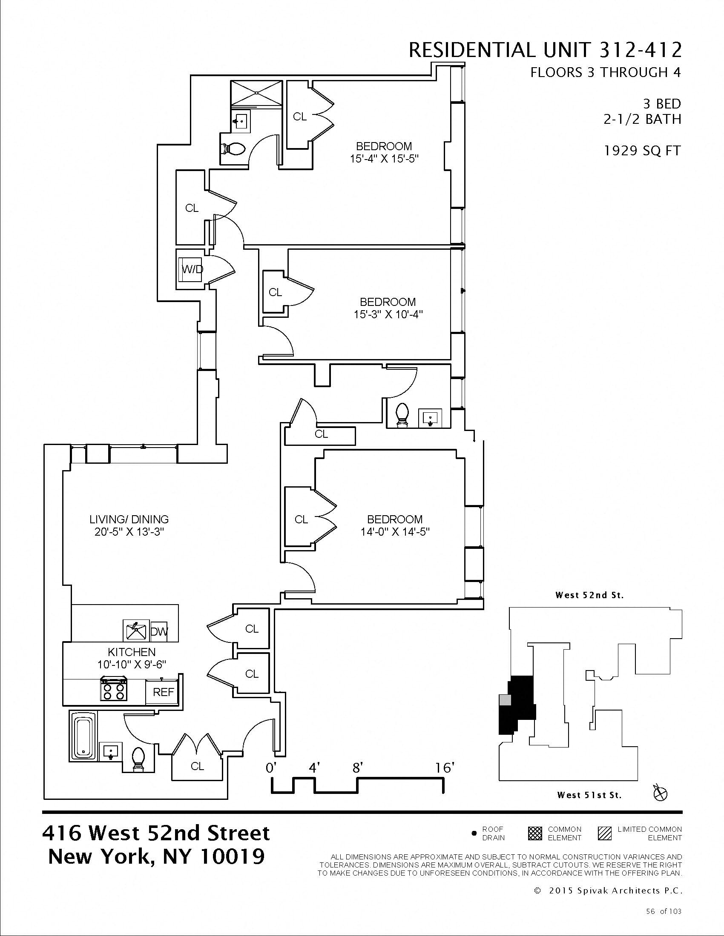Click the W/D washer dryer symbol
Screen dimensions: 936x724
point(191,269)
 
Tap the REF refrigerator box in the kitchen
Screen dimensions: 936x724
point(164,692)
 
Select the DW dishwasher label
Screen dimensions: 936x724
point(159,631)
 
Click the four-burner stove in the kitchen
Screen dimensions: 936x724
point(114,689)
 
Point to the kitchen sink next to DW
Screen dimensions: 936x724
point(135,631)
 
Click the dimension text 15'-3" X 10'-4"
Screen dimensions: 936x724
point(388,314)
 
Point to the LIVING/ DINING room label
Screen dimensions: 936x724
point(129,519)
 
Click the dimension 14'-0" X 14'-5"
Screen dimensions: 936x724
point(395,532)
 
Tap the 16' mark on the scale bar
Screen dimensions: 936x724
point(443,768)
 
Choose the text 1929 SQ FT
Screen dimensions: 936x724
point(642,151)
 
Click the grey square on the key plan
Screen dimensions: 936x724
point(505,700)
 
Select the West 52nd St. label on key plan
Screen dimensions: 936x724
point(589,595)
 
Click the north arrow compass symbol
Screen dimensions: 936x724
point(661,794)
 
